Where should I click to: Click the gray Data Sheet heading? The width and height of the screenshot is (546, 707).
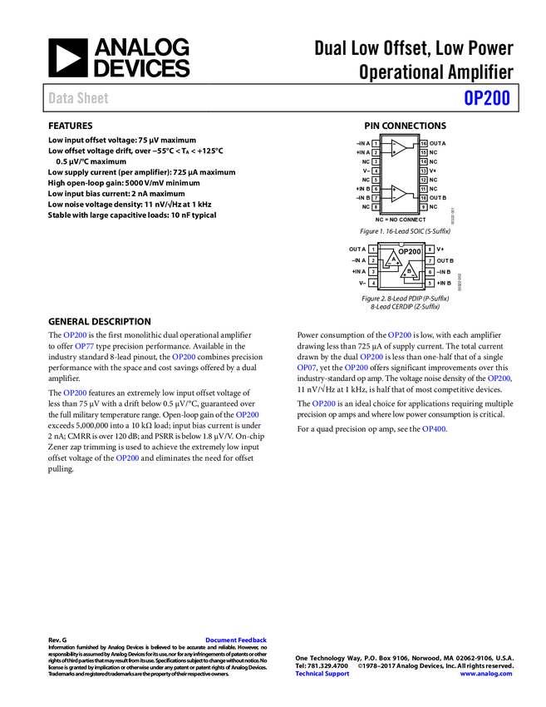79,98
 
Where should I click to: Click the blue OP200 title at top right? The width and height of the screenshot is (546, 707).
486,98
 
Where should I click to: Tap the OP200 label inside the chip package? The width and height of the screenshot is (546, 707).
409,251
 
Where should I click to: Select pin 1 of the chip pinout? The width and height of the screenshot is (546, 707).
373,250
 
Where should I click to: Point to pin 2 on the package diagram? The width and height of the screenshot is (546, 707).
373,260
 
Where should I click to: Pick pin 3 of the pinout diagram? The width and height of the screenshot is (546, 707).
373,272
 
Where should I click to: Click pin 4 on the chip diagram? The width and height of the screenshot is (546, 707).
373,283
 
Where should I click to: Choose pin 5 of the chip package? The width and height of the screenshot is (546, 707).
430,283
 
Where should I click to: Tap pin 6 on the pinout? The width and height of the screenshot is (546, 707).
430,272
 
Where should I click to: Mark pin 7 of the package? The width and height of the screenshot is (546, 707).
430,260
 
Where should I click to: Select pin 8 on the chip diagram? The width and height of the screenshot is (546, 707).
430,250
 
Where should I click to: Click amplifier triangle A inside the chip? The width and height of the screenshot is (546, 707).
393,260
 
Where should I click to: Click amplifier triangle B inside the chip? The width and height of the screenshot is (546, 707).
409,270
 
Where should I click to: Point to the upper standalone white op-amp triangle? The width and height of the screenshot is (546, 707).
398,148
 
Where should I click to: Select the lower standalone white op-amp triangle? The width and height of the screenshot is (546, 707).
398,194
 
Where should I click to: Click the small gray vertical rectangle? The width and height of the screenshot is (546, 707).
452,216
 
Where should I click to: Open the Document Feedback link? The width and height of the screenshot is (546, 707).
237,640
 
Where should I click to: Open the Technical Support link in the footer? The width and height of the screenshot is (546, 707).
322,674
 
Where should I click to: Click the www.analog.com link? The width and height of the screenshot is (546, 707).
486,674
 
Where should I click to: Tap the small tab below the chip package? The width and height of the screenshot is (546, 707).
400,293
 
